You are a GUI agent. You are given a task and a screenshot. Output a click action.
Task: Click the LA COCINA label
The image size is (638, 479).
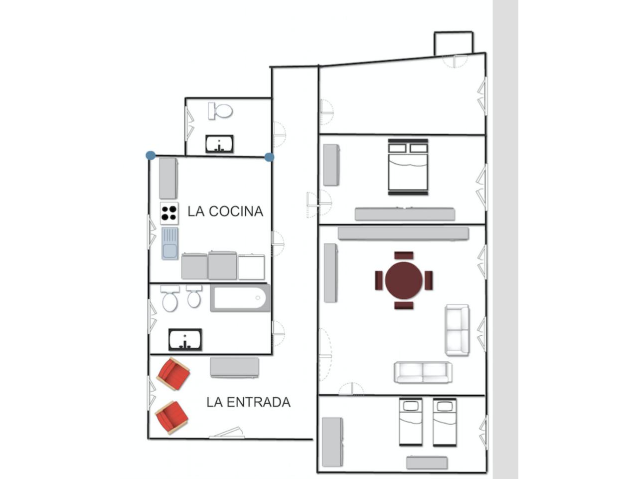[225, 212]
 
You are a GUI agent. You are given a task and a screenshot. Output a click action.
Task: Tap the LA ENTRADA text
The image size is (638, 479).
[249, 402]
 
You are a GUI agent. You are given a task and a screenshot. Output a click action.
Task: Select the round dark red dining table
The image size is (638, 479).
[404, 280]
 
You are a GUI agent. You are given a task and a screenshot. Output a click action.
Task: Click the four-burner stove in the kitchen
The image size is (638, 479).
[169, 213]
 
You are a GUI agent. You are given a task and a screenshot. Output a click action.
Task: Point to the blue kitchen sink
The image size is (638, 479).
[170, 243]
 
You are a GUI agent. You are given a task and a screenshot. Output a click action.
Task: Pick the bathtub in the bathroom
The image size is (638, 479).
[240, 298]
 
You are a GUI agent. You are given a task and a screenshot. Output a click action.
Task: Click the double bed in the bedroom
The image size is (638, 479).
[408, 167]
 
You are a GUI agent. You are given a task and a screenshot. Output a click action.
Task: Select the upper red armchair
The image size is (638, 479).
[173, 374]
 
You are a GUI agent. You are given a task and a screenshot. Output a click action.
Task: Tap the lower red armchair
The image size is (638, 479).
[172, 417]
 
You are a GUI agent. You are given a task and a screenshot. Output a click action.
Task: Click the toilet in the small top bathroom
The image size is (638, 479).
[220, 111]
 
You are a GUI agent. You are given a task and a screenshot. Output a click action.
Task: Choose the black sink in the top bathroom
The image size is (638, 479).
[219, 144]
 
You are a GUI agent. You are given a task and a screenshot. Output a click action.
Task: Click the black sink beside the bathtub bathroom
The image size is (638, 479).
[185, 339]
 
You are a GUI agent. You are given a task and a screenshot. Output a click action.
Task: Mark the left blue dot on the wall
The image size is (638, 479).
[151, 155]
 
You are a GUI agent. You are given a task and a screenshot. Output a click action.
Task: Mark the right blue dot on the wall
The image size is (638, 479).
[270, 157]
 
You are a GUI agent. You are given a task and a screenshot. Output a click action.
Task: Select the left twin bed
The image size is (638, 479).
[411, 422]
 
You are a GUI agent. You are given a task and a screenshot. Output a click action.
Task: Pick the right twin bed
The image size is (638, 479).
[445, 422]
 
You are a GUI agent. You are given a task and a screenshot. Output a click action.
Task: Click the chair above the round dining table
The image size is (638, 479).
[404, 255]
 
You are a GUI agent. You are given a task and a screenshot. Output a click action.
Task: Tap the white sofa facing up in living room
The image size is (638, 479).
[423, 372]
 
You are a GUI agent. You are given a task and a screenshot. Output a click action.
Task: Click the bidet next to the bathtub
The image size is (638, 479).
[194, 296]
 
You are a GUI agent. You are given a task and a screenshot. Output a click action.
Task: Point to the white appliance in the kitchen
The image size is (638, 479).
[251, 267]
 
